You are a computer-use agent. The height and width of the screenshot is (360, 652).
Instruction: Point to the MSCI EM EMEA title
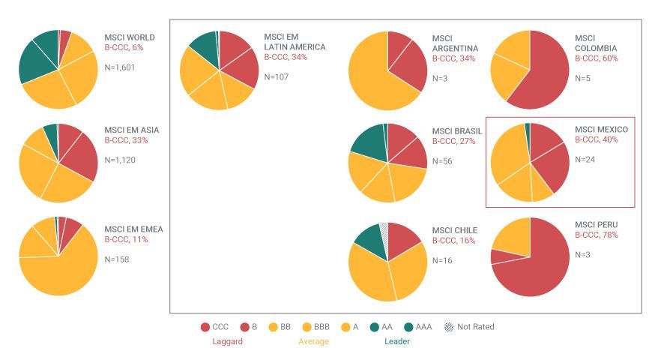(x=133, y=229)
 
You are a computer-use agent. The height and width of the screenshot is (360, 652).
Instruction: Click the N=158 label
(x=118, y=259)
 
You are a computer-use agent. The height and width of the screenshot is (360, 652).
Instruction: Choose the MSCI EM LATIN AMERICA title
(x=295, y=42)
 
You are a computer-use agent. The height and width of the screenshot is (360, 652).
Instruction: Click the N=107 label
(x=277, y=76)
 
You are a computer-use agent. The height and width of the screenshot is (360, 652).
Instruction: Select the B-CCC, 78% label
(x=597, y=235)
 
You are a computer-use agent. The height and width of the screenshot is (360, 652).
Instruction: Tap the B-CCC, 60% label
(x=597, y=58)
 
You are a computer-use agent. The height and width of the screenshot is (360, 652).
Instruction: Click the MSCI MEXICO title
(x=601, y=130)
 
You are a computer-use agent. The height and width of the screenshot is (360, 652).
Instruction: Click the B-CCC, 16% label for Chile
(x=454, y=241)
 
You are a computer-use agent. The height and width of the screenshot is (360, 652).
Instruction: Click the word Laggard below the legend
(x=227, y=341)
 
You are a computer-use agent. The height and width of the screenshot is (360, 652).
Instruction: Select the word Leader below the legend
(x=397, y=341)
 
